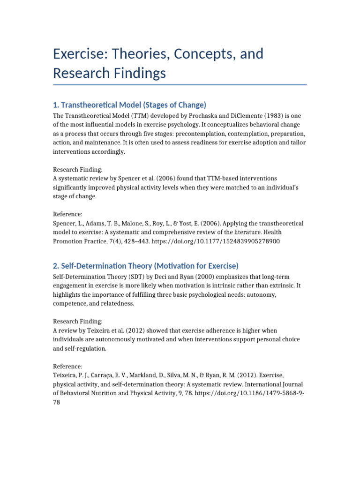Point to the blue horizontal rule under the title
(x=180, y=85)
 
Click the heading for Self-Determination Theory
(x=146, y=266)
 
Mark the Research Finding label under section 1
(x=78, y=170)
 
